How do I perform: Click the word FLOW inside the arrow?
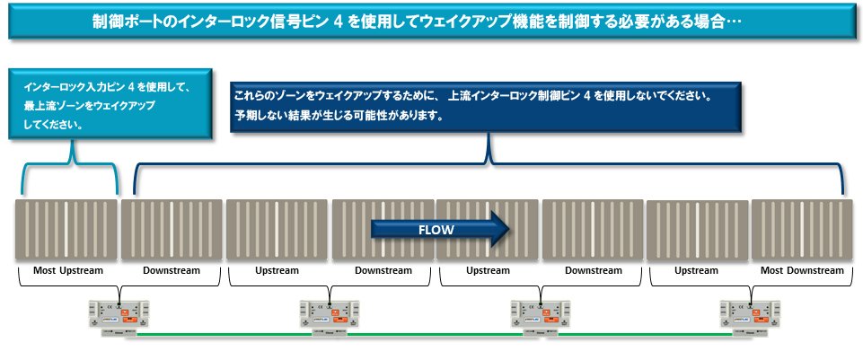[436, 229]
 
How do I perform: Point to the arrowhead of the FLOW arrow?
[500, 229]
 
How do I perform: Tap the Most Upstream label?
[68, 270]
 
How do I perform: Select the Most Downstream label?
[802, 270]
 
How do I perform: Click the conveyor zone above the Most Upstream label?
[66, 230]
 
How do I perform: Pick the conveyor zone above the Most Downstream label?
[802, 230]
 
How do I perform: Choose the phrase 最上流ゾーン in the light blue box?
[60, 106]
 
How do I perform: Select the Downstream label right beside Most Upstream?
[172, 270]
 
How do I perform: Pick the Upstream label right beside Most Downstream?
[696, 270]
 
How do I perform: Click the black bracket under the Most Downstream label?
[802, 284]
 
